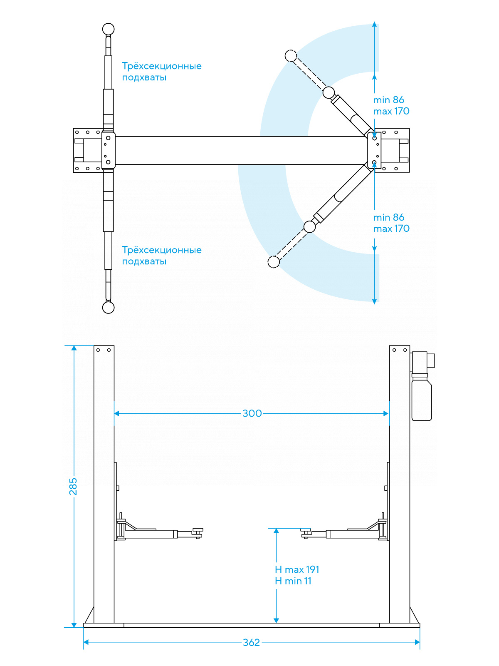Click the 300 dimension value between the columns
tap(252, 413)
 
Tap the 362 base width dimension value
tap(251, 642)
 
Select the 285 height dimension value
tap(73, 486)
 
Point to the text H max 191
tap(297, 569)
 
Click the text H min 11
tap(293, 581)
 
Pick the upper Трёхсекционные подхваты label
tap(161, 72)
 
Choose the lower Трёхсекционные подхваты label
tap(161, 256)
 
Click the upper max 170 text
tap(391, 111)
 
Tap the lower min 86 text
tap(389, 217)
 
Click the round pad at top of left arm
tap(108, 29)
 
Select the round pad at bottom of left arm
tap(108, 307)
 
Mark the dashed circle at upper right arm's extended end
tap(291, 55)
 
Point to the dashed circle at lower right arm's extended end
tap(274, 262)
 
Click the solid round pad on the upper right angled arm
tap(329, 92)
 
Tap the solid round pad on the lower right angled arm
tap(310, 227)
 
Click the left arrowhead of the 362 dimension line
tap(86, 642)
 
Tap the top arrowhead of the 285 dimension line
tap(74, 348)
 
